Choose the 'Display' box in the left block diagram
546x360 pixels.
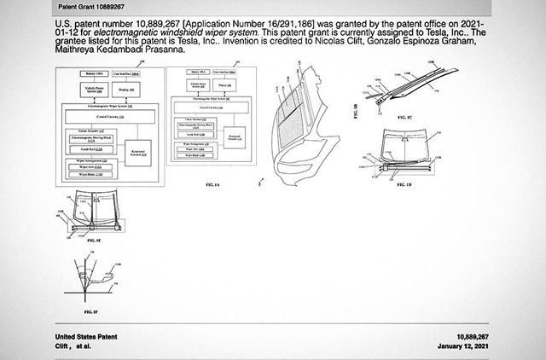pos(119,92)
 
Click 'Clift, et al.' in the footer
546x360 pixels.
pos(75,347)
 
